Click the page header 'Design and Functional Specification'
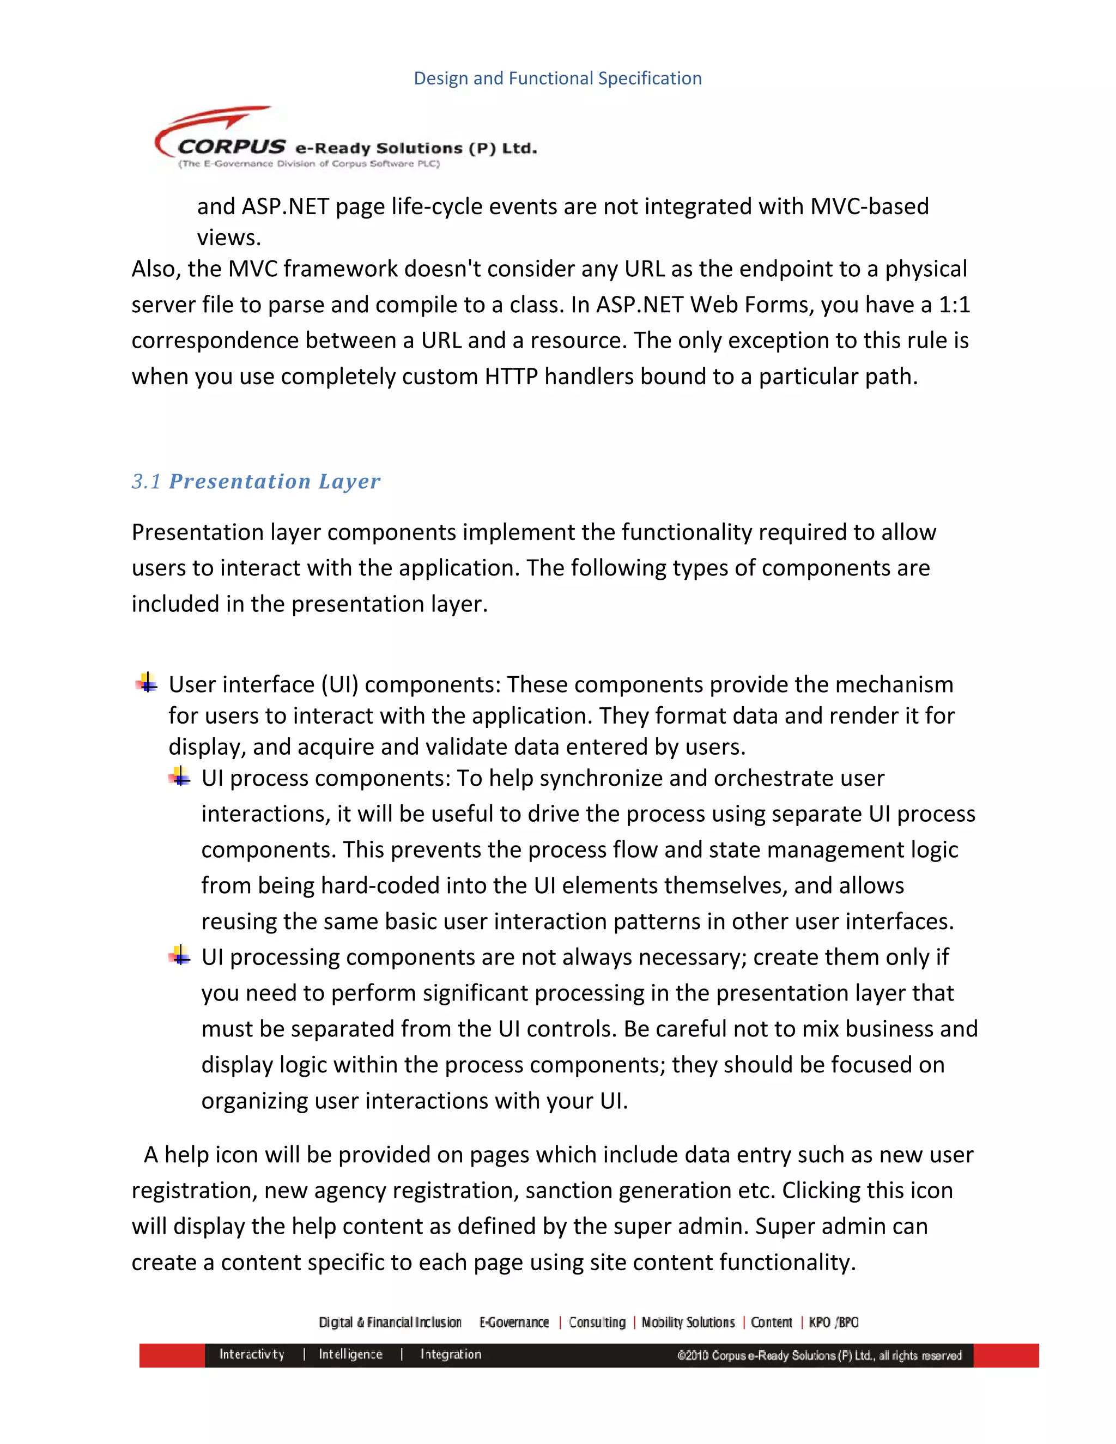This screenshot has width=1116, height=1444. (557, 78)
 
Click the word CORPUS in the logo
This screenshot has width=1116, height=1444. (232, 146)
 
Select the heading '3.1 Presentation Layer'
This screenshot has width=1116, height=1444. (256, 481)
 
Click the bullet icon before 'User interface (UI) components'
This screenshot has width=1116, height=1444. (147, 682)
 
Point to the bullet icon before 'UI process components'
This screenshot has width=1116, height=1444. (179, 775)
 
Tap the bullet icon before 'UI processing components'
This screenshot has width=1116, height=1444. (179, 955)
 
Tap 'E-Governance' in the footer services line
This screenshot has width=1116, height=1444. (514, 1322)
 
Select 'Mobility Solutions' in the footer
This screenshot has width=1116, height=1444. (688, 1322)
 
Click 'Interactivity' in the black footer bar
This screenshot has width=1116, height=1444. (251, 1354)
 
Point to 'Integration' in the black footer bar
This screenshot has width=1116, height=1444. (450, 1354)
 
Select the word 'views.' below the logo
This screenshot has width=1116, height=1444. (229, 238)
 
